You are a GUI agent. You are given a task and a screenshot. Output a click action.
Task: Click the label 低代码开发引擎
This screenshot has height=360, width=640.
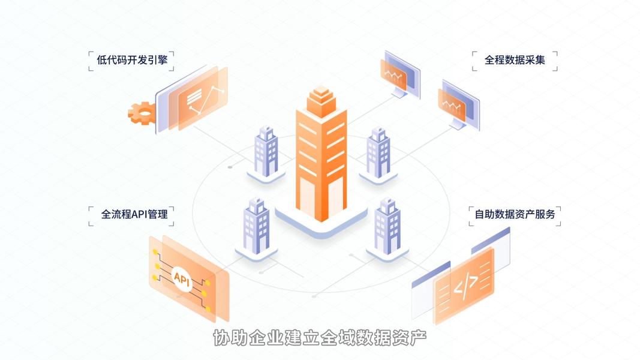[131, 60]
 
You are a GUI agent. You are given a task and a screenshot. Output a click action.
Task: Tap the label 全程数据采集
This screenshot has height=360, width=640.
[515, 60]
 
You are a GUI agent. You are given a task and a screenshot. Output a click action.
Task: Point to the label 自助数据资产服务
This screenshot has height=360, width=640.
[515, 214]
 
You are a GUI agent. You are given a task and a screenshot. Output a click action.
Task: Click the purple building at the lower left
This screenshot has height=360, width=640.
[256, 226]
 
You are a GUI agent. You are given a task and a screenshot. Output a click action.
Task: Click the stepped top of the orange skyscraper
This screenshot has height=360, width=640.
[321, 99]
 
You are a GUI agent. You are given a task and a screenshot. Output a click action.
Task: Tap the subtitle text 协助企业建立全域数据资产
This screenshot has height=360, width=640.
[320, 338]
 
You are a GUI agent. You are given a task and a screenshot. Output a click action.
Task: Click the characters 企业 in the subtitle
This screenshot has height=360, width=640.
[257, 338]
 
